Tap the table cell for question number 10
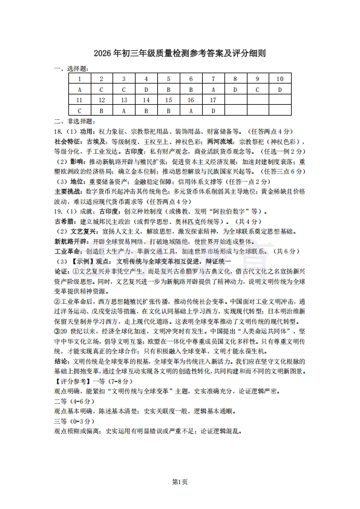pos(280,79)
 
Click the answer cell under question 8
pos(235,90)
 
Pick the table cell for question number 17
pos(212,100)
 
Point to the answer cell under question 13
pos(124,111)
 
